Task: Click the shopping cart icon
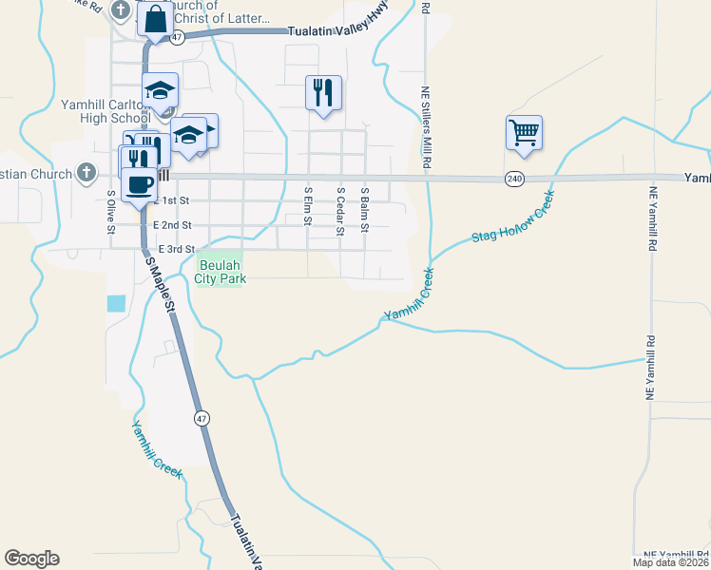(x=524, y=132)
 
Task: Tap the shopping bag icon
(x=155, y=18)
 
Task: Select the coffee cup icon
(x=139, y=183)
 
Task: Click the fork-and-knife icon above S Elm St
(x=323, y=92)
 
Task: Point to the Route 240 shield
(x=514, y=179)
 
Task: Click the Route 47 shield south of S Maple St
(x=202, y=418)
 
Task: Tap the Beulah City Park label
(x=221, y=272)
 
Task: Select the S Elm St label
(x=307, y=207)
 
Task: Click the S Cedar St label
(x=339, y=207)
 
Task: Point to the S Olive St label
(x=111, y=212)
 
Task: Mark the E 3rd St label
(x=176, y=249)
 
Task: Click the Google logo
(x=31, y=559)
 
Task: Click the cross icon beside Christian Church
(x=86, y=173)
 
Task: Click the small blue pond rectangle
(x=116, y=304)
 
